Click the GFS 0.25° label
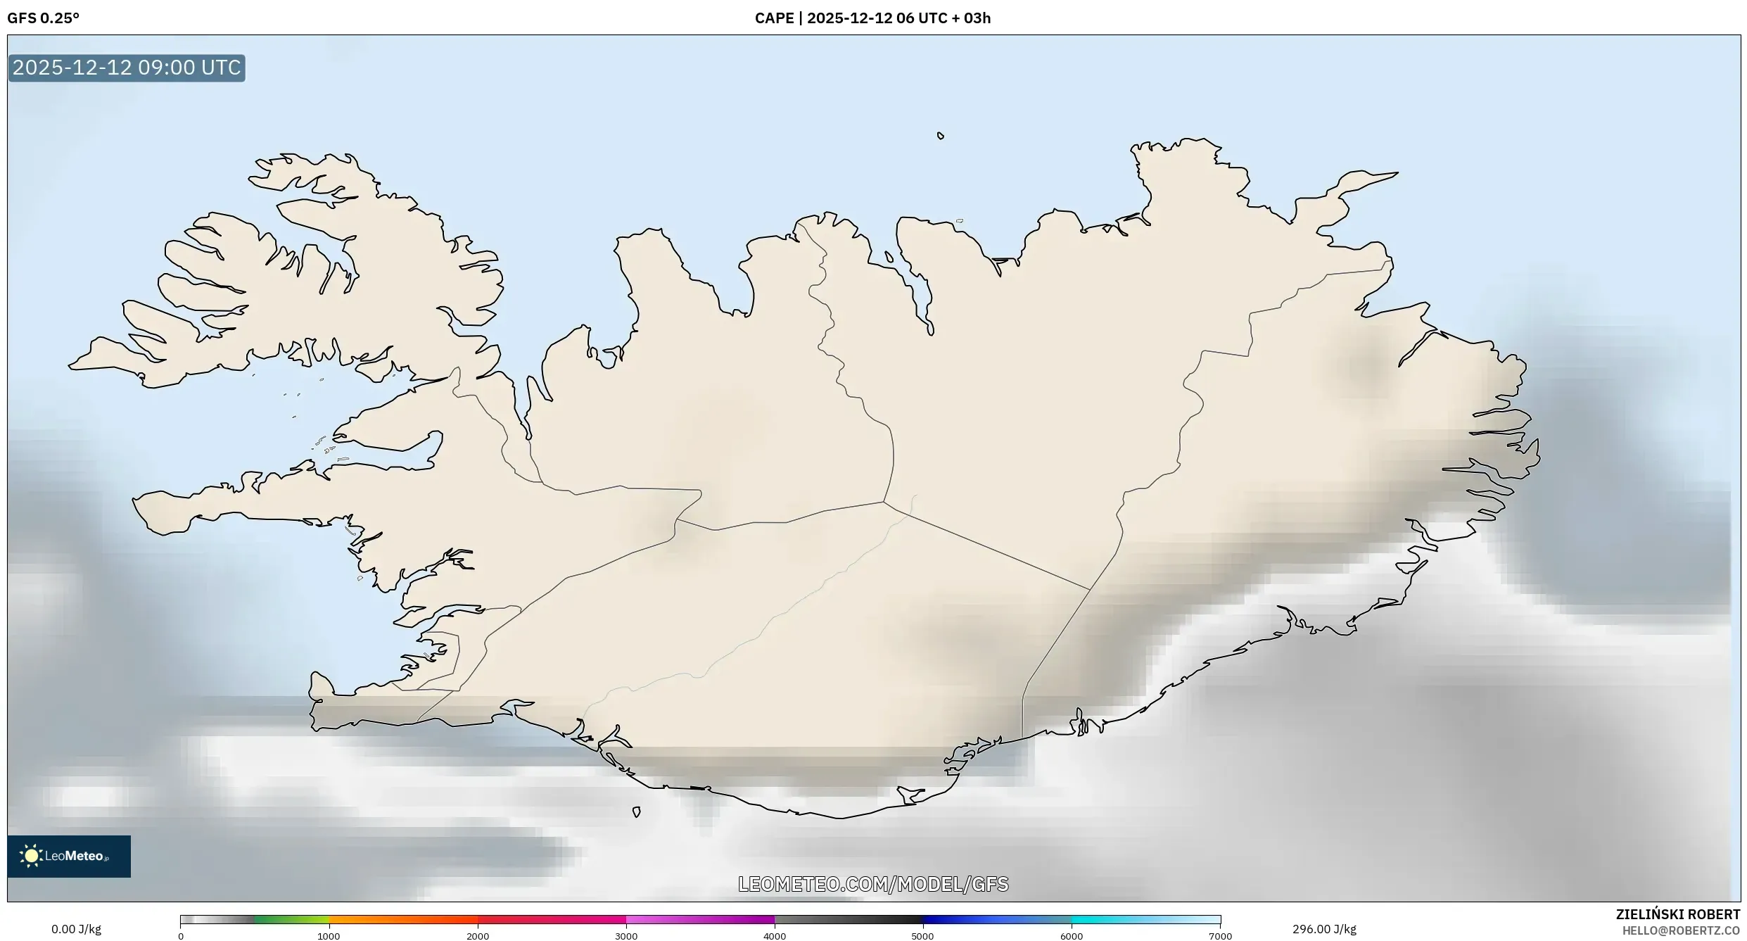click(43, 18)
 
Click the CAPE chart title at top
click(872, 18)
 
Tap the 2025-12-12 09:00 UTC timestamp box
click(127, 68)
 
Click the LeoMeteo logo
click(69, 856)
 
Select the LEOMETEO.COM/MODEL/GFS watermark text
click(873, 884)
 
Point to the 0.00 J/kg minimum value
click(76, 929)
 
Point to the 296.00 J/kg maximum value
click(1324, 929)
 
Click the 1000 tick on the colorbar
click(329, 936)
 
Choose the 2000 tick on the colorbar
click(478, 936)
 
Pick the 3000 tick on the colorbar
click(626, 936)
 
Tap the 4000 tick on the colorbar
click(775, 936)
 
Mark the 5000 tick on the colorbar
click(923, 936)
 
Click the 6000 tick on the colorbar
click(1072, 936)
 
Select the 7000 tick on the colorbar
click(1220, 936)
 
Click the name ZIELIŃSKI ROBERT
click(1677, 914)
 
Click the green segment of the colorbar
click(292, 919)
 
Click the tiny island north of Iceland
click(941, 136)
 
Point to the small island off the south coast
click(637, 812)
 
